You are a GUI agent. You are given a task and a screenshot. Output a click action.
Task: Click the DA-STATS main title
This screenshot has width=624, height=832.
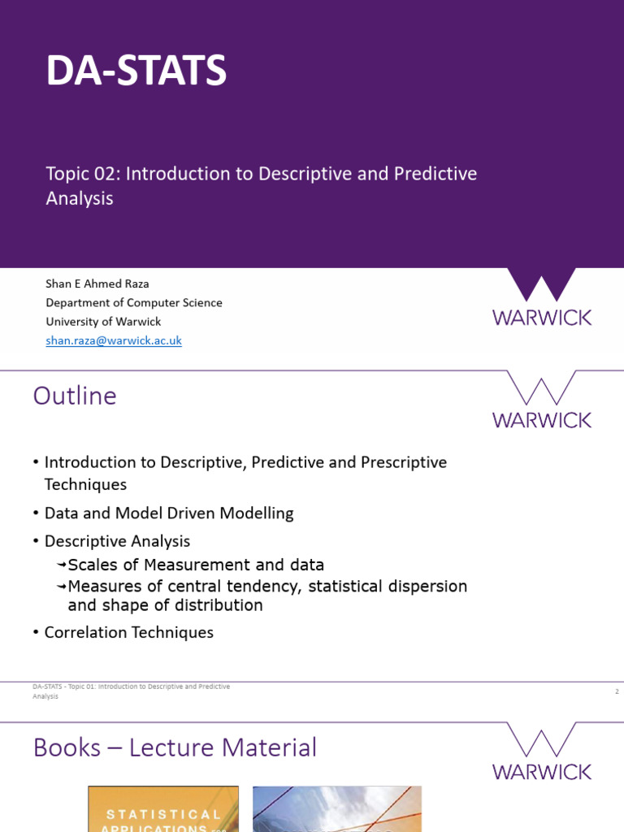pyautogui.click(x=136, y=71)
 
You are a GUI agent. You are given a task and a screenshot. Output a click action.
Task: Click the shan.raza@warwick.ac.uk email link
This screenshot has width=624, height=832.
pyautogui.click(x=114, y=341)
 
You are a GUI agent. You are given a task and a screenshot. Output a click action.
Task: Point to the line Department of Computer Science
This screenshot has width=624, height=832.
pyautogui.click(x=134, y=303)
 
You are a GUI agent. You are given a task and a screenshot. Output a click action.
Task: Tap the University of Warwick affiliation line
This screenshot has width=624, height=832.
pyautogui.click(x=103, y=322)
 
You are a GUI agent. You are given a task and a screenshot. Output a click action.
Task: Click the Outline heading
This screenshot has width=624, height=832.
pyautogui.click(x=75, y=396)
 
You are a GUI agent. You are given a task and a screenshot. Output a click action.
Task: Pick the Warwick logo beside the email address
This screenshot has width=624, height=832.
pyautogui.click(x=542, y=298)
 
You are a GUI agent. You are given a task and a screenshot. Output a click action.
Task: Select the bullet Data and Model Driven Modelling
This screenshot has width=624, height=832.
pyautogui.click(x=169, y=513)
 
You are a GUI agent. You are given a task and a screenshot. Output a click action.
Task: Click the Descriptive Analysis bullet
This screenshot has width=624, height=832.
pyautogui.click(x=117, y=541)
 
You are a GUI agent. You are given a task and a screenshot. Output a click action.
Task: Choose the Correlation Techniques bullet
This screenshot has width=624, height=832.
pyautogui.click(x=128, y=632)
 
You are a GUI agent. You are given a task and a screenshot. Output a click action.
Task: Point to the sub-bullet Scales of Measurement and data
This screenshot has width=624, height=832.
pyautogui.click(x=196, y=565)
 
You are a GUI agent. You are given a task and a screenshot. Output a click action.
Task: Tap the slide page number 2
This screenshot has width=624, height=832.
pyautogui.click(x=617, y=691)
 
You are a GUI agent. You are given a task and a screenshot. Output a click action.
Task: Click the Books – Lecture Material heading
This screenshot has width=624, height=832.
pyautogui.click(x=175, y=747)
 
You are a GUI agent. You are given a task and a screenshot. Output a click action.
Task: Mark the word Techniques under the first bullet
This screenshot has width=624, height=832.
pyautogui.click(x=85, y=484)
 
